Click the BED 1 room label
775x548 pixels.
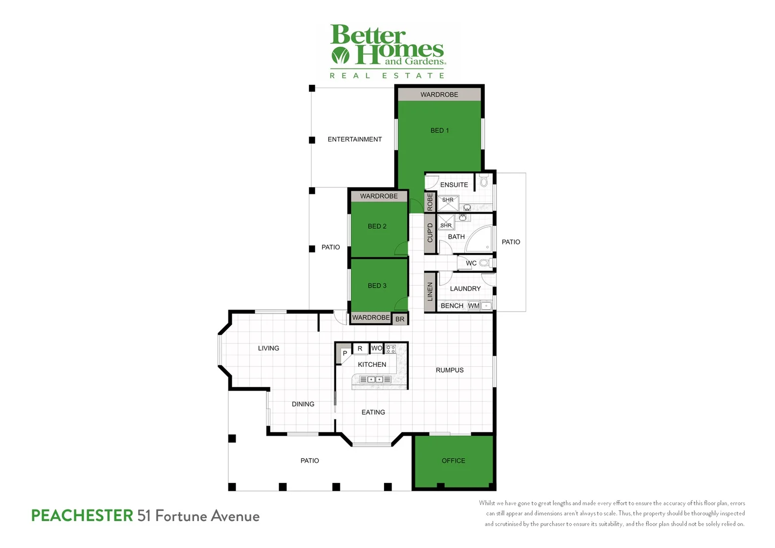point(439,130)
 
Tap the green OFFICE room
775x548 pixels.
point(453,461)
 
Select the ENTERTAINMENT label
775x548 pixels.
point(355,139)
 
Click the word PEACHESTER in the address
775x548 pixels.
point(82,516)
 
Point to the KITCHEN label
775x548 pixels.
point(372,364)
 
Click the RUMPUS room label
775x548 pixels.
point(449,370)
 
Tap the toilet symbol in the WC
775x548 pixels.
point(484,263)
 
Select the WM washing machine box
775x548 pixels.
point(473,305)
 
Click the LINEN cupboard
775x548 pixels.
point(430,291)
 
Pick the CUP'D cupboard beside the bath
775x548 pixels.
point(430,233)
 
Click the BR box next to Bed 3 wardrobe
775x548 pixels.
point(400,319)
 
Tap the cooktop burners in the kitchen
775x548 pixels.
point(391,349)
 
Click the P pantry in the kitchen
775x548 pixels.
point(344,353)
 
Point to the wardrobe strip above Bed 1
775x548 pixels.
point(439,94)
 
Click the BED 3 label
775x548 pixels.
point(377,286)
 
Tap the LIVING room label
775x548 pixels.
point(268,348)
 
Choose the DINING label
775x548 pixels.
point(303,404)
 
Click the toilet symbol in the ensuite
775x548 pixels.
point(484,181)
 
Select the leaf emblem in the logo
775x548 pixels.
point(340,55)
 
